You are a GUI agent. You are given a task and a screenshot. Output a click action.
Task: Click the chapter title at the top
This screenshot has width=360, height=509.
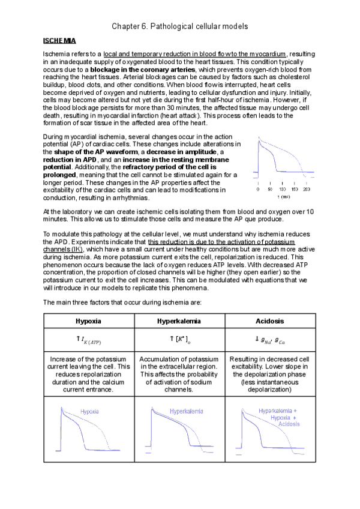pos(180,27)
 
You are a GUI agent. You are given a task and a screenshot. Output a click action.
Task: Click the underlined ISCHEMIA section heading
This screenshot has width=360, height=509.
pos(59,41)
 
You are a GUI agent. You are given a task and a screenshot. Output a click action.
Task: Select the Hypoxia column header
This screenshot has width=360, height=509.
pos(88,321)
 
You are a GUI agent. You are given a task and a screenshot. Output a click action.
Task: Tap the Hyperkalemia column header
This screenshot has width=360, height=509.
pos(179,321)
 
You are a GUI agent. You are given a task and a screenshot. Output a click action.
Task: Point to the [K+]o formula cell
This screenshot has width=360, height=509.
pos(179,340)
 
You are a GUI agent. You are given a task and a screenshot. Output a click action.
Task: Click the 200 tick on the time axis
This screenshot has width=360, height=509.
pos(306,189)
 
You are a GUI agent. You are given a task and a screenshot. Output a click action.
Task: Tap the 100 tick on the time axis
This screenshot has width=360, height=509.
pos(282,189)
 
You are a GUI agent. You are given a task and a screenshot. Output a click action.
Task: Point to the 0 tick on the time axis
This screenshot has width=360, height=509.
pos(258,189)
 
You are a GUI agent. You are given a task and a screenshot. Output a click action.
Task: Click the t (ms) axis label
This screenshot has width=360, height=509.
pos(283,197)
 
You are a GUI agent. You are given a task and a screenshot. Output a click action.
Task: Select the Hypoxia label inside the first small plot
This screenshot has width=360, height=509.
pos(89,412)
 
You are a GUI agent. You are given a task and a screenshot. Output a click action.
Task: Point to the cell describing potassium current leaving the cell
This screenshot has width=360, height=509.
pos(88,373)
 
